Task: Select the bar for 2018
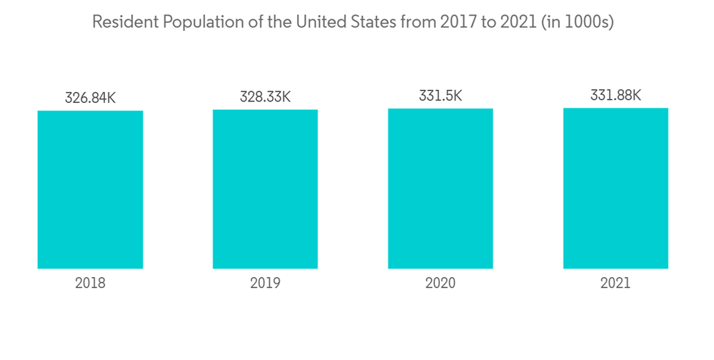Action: coord(90,189)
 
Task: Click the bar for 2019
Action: coord(265,189)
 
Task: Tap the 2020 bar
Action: coord(441,189)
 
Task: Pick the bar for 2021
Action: coord(615,188)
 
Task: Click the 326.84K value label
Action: coord(90,98)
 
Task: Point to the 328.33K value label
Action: coord(265,96)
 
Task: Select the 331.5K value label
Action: coord(441,96)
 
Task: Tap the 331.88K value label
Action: coord(615,95)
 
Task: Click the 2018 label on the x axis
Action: coord(90,283)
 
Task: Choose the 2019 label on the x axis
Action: coord(265,283)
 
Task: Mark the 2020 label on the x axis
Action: coord(441,283)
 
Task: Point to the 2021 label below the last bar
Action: coord(615,283)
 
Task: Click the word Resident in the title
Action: coord(125,22)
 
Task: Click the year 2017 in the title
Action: coord(457,22)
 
